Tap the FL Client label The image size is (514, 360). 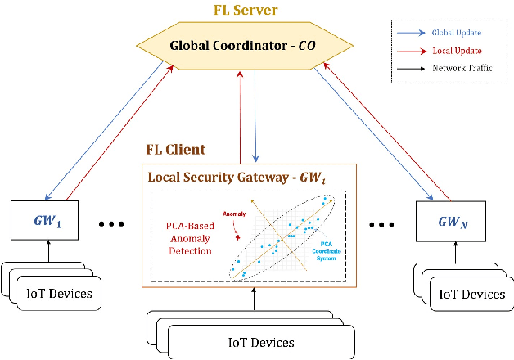[x=175, y=151]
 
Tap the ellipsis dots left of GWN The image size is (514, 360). [x=382, y=223]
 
